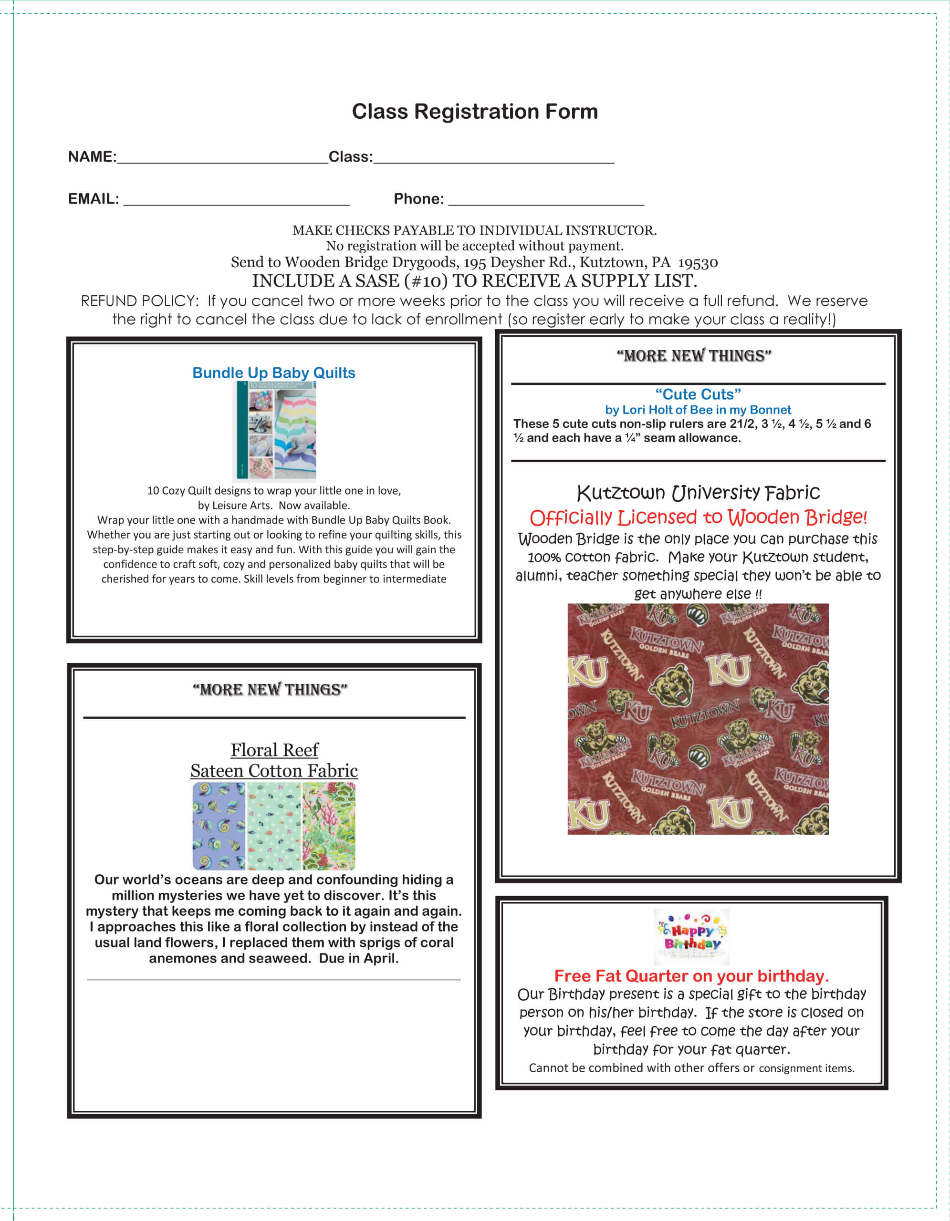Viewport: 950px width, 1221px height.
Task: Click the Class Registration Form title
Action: pyautogui.click(x=474, y=111)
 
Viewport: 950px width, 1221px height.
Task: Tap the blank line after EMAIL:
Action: pyautogui.click(x=236, y=201)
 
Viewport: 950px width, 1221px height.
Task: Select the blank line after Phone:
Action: pyautogui.click(x=546, y=201)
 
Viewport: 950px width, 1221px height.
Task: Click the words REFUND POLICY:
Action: pyautogui.click(x=140, y=301)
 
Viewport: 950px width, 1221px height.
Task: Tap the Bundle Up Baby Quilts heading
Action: pyautogui.click(x=273, y=373)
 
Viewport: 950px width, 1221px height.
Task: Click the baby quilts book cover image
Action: pyautogui.click(x=274, y=431)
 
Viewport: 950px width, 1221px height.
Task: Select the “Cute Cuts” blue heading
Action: pyautogui.click(x=698, y=394)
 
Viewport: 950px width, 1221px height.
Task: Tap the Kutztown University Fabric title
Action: pyautogui.click(x=698, y=493)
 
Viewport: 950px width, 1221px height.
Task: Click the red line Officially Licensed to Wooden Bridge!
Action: pyautogui.click(x=698, y=517)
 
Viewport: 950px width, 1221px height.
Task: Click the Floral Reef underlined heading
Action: pyautogui.click(x=274, y=750)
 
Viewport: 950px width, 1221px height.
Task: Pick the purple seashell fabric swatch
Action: pyautogui.click(x=219, y=826)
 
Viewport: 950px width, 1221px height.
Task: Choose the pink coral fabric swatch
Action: pyautogui.click(x=329, y=826)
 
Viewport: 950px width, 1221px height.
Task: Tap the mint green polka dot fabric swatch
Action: pyautogui.click(x=274, y=826)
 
